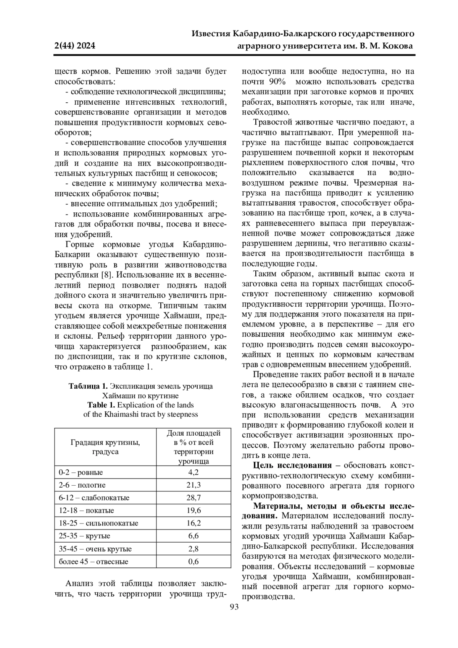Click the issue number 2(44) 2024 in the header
coord(75,46)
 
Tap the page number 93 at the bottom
coord(234,607)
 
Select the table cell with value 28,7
coord(194,498)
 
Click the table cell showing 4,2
coord(194,472)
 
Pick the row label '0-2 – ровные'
coord(81,472)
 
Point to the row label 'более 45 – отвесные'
coord(94,561)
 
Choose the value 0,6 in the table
coord(194,561)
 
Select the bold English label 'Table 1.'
coord(102,405)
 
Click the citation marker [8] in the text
coord(105,275)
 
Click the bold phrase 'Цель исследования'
coord(293,465)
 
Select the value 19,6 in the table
coord(194,511)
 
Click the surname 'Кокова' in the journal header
coord(397,46)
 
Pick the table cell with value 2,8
coord(194,549)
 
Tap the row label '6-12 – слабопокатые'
coord(94,498)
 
